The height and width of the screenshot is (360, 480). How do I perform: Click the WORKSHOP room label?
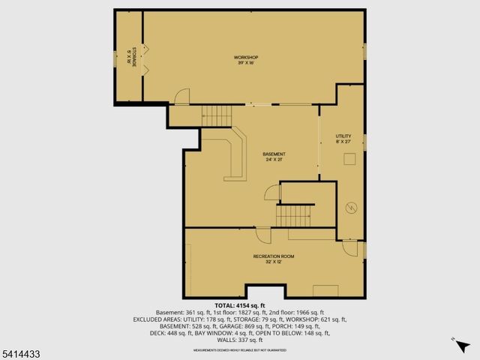click(x=245, y=58)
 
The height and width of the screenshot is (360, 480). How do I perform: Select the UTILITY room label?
click(x=343, y=136)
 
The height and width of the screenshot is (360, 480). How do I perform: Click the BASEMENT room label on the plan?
click(x=274, y=154)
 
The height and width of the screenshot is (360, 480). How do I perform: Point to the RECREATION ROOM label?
click(x=274, y=256)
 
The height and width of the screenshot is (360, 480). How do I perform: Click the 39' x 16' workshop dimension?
click(x=245, y=64)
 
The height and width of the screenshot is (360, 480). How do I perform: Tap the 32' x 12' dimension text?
click(x=274, y=262)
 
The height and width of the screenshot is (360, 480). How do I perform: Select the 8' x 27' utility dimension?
click(x=343, y=142)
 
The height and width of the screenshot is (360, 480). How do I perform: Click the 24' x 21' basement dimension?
click(x=274, y=160)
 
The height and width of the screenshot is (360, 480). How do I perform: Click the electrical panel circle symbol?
click(x=349, y=208)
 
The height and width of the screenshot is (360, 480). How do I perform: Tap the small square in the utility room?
click(x=349, y=159)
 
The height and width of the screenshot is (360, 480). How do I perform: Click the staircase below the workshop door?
click(x=219, y=115)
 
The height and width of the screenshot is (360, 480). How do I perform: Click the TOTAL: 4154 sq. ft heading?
click(x=239, y=306)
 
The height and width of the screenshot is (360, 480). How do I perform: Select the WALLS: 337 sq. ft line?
click(x=239, y=340)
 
